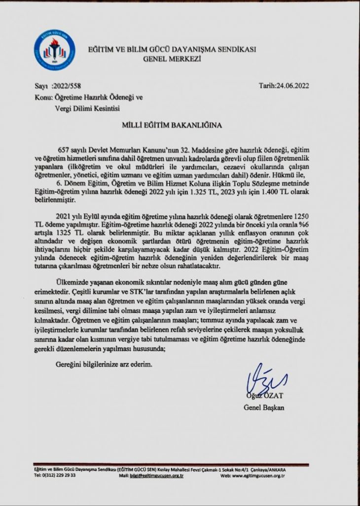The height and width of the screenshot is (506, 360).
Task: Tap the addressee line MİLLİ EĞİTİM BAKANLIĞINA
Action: (172, 125)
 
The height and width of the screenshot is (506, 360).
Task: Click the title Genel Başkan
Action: (264, 407)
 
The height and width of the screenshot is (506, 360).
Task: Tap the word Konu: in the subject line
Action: (43, 97)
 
